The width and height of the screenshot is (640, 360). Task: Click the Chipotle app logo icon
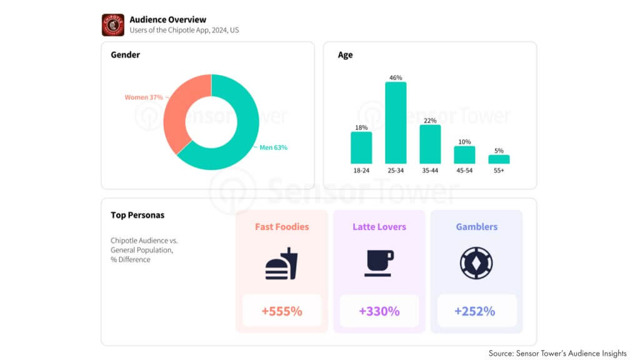(x=113, y=25)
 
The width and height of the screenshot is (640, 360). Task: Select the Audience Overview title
(x=167, y=19)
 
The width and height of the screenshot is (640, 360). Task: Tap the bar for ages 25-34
(x=396, y=123)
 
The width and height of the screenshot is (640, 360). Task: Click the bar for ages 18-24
(x=361, y=147)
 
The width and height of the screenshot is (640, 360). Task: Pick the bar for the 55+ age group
(x=499, y=159)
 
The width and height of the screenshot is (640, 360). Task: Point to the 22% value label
(x=430, y=121)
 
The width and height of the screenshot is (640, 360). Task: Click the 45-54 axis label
(x=464, y=170)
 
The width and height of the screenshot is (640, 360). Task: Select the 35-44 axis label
(x=430, y=170)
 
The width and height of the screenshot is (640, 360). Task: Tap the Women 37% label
(x=144, y=97)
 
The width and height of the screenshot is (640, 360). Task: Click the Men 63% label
(x=274, y=147)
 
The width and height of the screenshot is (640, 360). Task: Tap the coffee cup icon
(x=379, y=263)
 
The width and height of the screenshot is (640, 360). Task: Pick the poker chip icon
(x=476, y=263)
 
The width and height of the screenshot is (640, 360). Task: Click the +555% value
(x=282, y=311)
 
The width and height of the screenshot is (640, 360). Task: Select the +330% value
(x=379, y=311)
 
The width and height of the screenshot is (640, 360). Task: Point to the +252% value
(x=475, y=311)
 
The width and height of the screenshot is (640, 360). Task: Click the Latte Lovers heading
(x=379, y=227)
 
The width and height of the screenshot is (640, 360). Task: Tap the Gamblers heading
(x=476, y=227)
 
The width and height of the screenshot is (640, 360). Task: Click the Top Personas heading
(x=137, y=215)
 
